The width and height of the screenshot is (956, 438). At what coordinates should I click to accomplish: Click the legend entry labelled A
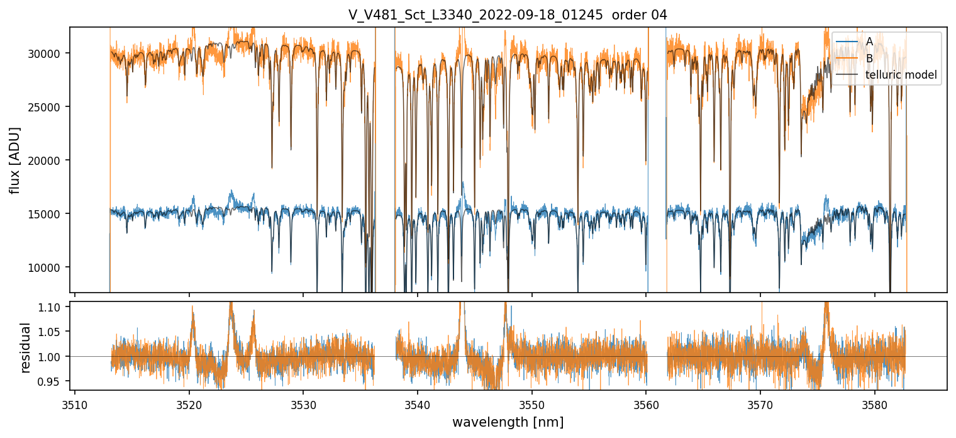tap(869, 42)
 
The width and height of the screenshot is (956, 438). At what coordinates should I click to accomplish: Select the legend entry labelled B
tap(869, 59)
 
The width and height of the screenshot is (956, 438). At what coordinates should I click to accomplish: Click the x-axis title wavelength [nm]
tap(508, 422)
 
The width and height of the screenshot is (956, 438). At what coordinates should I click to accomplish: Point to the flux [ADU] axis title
tap(14, 160)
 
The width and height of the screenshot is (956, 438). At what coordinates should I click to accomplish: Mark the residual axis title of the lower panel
tap(26, 347)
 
